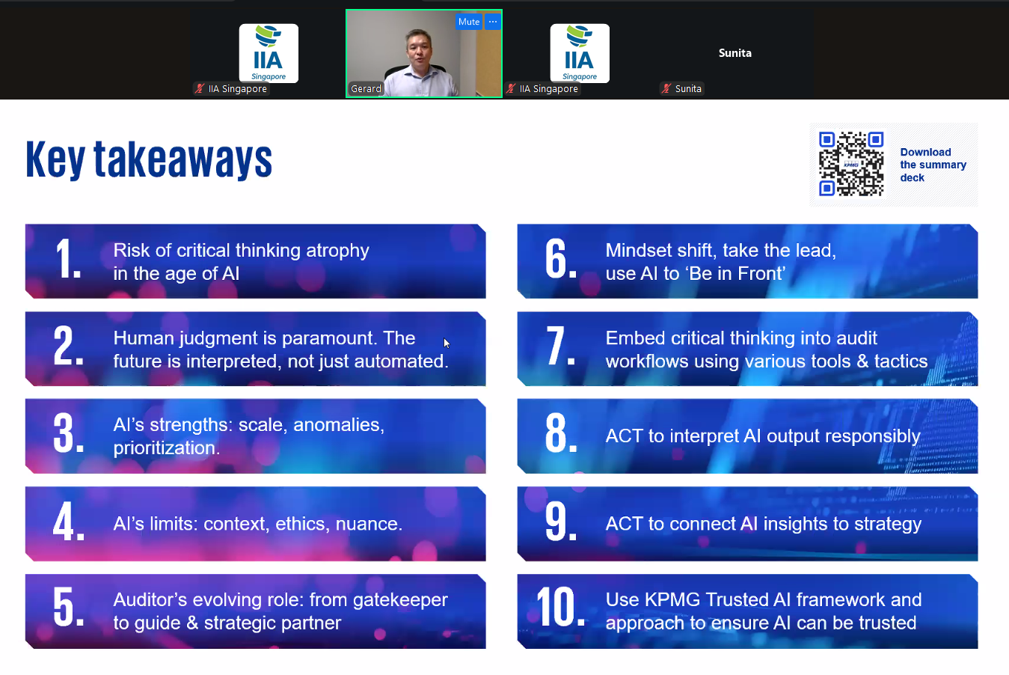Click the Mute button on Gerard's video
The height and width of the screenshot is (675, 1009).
(468, 22)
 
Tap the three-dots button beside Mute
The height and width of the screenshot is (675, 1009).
(493, 22)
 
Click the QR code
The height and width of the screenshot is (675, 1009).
(851, 164)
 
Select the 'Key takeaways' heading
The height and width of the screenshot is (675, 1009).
(149, 159)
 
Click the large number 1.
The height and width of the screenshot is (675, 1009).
(67, 259)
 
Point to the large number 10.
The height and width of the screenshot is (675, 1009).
(560, 607)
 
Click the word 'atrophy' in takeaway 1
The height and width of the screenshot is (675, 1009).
(337, 251)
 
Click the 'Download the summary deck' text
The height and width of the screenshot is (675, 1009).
(933, 165)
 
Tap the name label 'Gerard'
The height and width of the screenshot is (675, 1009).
(366, 89)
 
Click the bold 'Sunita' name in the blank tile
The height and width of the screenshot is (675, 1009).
(735, 53)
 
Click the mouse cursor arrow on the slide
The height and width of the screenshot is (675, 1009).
(446, 343)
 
